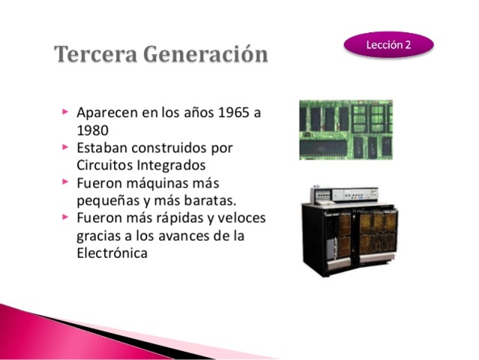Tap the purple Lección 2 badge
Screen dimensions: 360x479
click(x=388, y=44)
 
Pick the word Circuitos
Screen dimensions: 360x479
click(x=105, y=164)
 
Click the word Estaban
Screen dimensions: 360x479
click(x=102, y=148)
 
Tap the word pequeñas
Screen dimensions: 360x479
click(x=108, y=200)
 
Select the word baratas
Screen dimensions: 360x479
click(x=211, y=199)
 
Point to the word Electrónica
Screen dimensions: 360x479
click(x=112, y=253)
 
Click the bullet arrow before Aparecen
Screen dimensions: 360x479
click(x=66, y=112)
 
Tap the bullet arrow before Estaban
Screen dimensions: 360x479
click(x=66, y=147)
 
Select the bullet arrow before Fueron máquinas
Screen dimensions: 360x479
click(x=66, y=181)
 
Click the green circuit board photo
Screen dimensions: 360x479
click(x=346, y=129)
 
